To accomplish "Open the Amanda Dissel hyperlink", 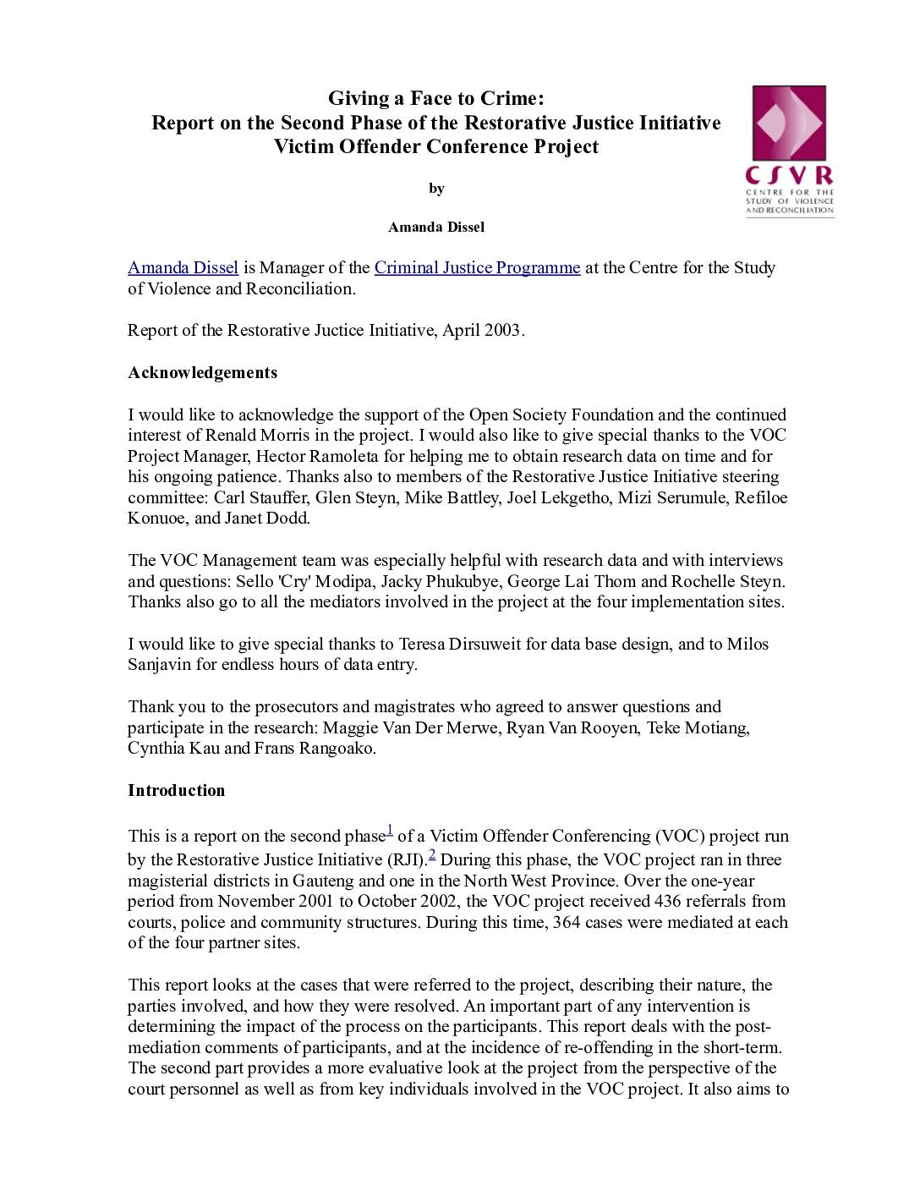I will click(183, 268).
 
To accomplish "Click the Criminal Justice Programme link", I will click(477, 268).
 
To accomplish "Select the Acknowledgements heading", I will click(202, 373).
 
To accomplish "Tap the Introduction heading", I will click(176, 791).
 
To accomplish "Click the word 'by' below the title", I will click(436, 189).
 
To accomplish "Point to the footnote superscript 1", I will click(389, 831).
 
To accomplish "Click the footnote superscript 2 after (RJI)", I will click(432, 854).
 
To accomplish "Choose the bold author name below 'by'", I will click(435, 227).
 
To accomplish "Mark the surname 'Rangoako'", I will click(337, 749).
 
